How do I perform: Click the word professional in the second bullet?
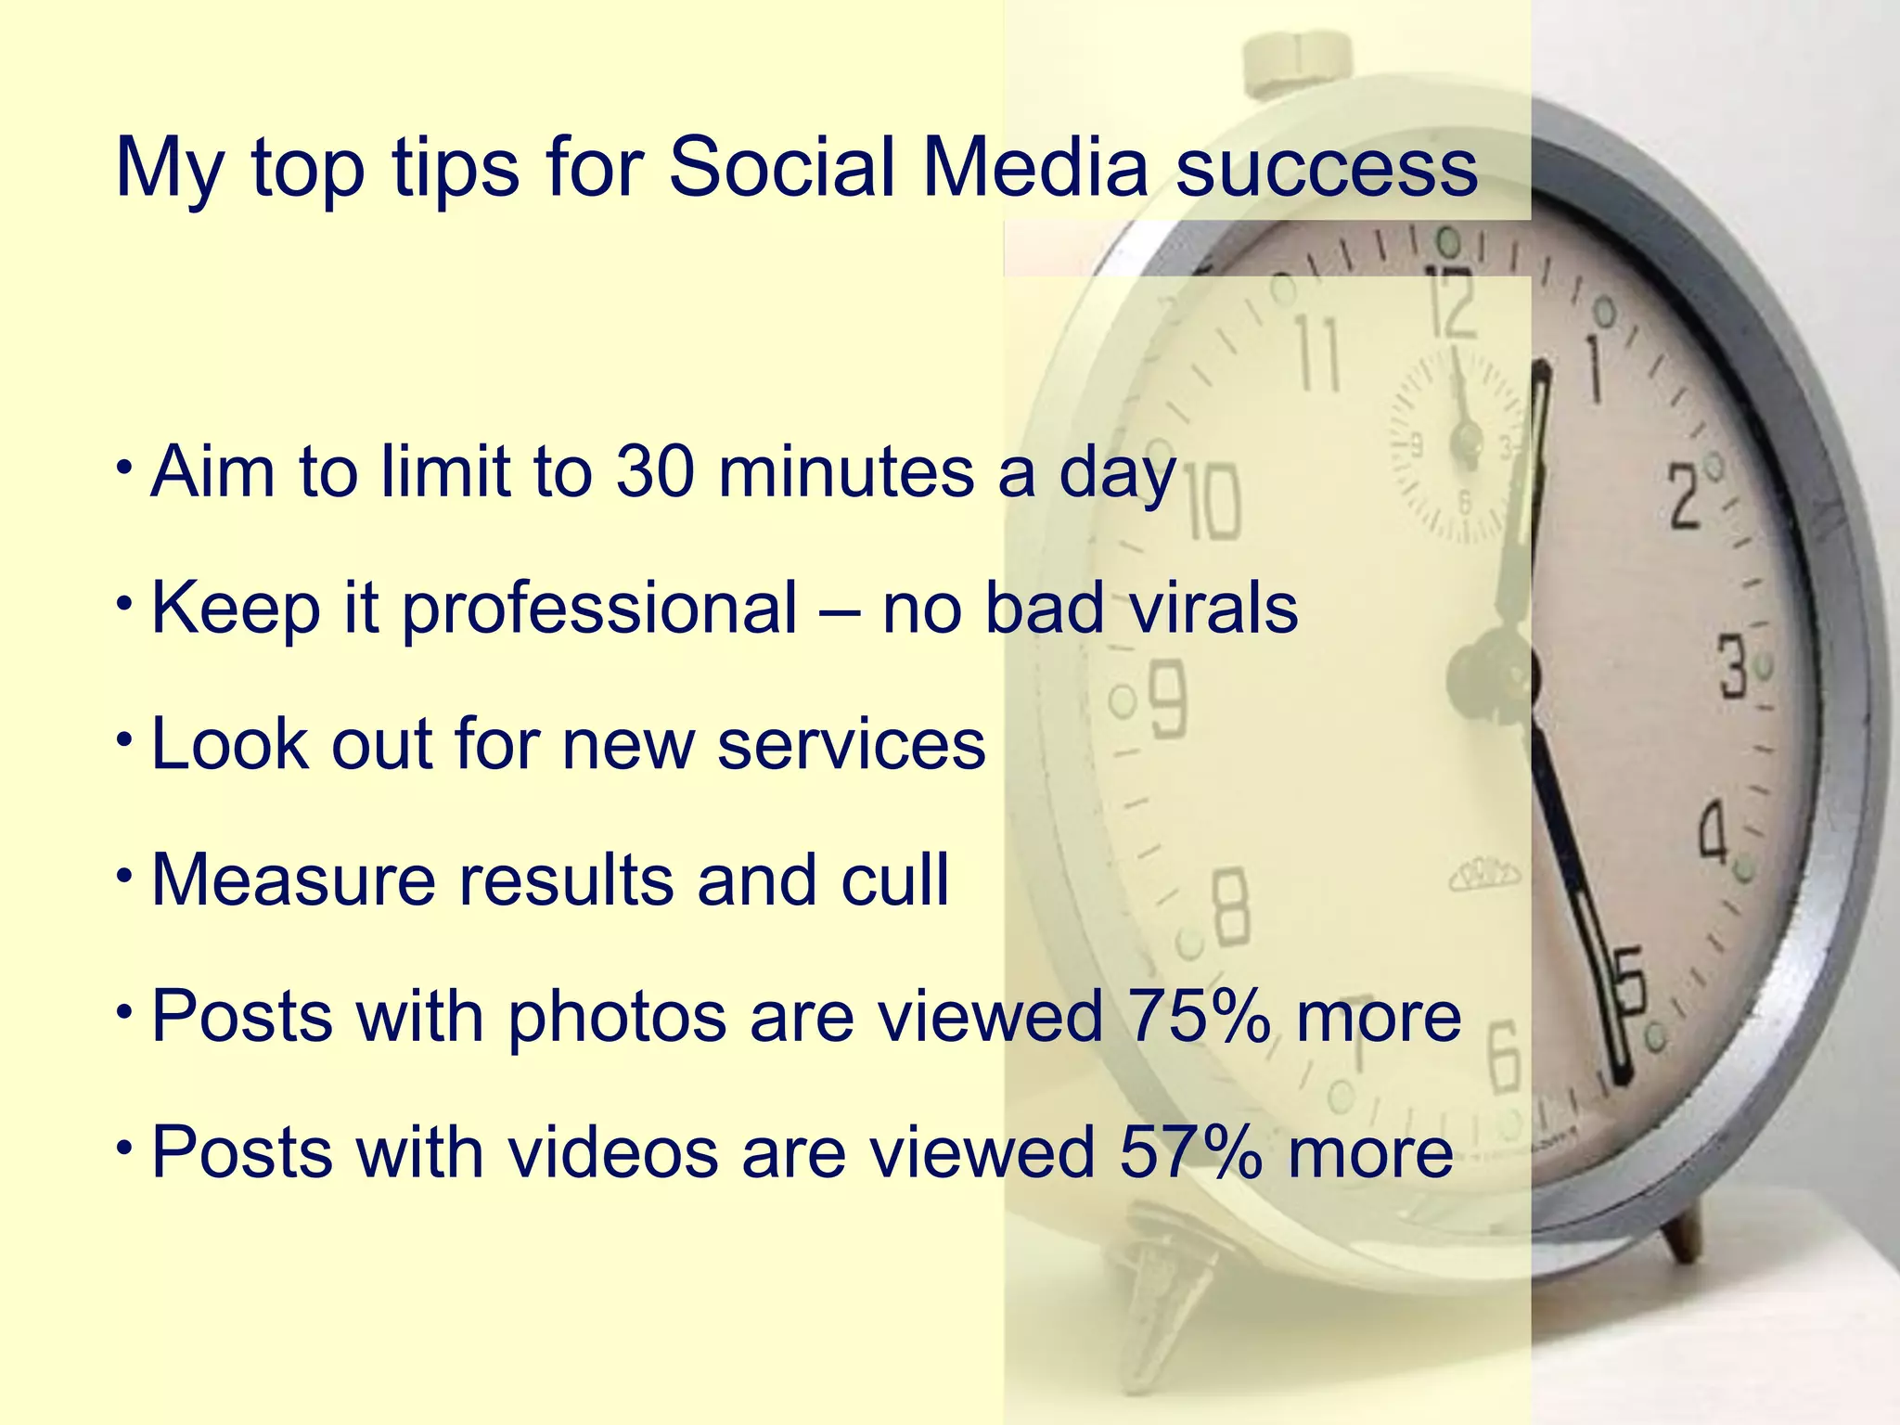point(598,610)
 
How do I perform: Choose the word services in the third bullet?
point(851,744)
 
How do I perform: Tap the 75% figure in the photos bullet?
point(1198,1016)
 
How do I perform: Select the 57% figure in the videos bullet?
point(1190,1151)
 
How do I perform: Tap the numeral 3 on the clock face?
point(1733,666)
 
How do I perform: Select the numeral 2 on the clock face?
point(1685,497)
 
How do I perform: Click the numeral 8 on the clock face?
point(1231,909)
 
